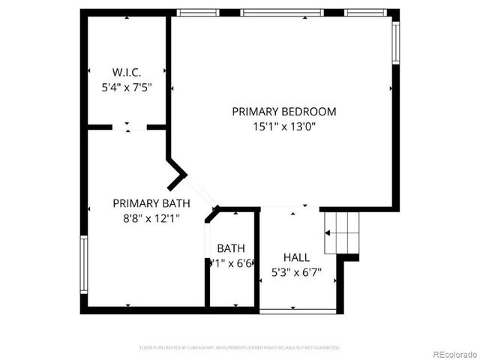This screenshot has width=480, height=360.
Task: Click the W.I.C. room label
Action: [x=126, y=72]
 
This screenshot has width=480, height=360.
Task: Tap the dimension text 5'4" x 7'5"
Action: [x=126, y=87]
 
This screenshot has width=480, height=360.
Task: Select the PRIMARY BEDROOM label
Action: [x=283, y=111]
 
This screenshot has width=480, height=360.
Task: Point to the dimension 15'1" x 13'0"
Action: [x=283, y=127]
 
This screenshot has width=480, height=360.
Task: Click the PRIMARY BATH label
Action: [x=151, y=202]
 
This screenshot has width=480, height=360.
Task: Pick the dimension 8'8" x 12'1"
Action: [x=151, y=218]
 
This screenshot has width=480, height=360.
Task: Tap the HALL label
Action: [x=296, y=257]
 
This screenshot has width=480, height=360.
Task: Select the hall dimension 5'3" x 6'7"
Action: [x=296, y=272]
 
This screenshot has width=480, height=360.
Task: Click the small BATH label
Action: [x=230, y=248]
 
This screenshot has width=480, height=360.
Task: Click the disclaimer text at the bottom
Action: [x=240, y=347]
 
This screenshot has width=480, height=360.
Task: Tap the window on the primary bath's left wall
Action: [x=84, y=264]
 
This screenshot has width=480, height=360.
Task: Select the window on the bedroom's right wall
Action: [x=395, y=43]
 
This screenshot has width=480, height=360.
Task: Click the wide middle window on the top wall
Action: [x=282, y=13]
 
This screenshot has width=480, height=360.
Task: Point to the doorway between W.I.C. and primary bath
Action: [x=129, y=127]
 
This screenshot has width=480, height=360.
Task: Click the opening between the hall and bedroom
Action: [x=290, y=208]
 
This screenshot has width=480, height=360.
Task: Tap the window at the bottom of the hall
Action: [x=298, y=310]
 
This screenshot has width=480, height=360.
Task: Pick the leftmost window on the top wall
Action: [x=198, y=13]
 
